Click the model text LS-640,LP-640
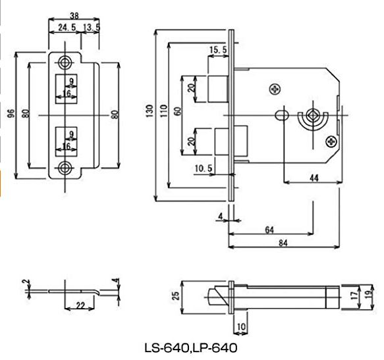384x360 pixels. pos(191,348)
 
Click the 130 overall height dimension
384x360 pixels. pos(149,111)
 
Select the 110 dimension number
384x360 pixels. pos(163,111)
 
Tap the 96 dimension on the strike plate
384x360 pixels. pos(11,114)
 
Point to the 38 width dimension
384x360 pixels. pos(74,16)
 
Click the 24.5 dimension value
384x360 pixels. pos(67,27)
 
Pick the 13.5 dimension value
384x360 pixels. pos(92,27)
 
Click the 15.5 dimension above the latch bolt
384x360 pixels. pos(218,50)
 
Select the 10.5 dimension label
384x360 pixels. pos(204,168)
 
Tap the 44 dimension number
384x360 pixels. pos(314,178)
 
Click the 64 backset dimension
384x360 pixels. pos(269,230)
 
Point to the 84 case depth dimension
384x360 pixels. pos(283,243)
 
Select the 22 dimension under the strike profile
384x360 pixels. pos(80,305)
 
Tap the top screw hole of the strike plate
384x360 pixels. pos(65,63)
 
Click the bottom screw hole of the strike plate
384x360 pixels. pos(65,168)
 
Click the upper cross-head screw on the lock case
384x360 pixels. pos(275,90)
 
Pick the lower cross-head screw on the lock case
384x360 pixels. pos(331,141)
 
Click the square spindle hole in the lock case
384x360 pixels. pos(313,115)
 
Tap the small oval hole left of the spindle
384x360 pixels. pos(282,115)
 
